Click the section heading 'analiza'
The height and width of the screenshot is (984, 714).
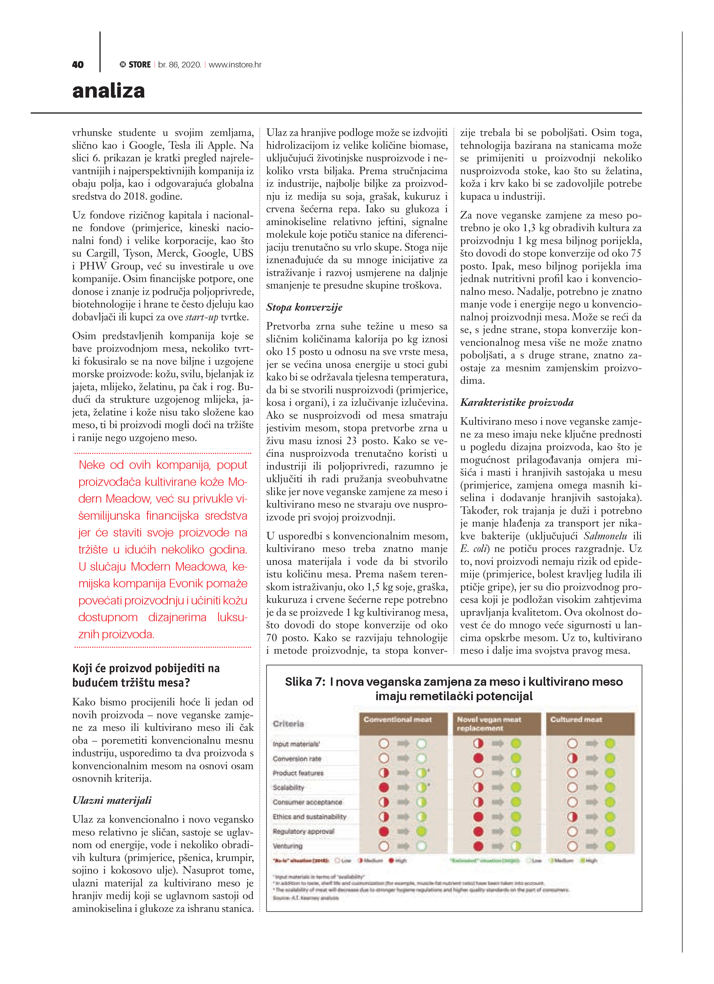click(x=109, y=91)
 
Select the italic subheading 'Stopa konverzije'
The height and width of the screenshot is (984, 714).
click(x=304, y=307)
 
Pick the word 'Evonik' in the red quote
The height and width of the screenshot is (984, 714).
click(x=186, y=583)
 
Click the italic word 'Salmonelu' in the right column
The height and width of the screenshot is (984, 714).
click(x=605, y=536)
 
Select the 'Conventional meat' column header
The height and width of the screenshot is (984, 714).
click(x=398, y=719)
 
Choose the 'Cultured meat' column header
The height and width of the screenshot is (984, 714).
click(x=576, y=719)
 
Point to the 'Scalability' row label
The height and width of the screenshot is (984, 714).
click(x=288, y=788)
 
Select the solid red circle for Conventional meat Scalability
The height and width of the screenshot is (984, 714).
click(x=384, y=788)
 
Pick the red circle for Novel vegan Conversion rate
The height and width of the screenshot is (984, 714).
click(x=479, y=758)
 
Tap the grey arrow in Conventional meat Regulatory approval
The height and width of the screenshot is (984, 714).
click(x=403, y=831)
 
